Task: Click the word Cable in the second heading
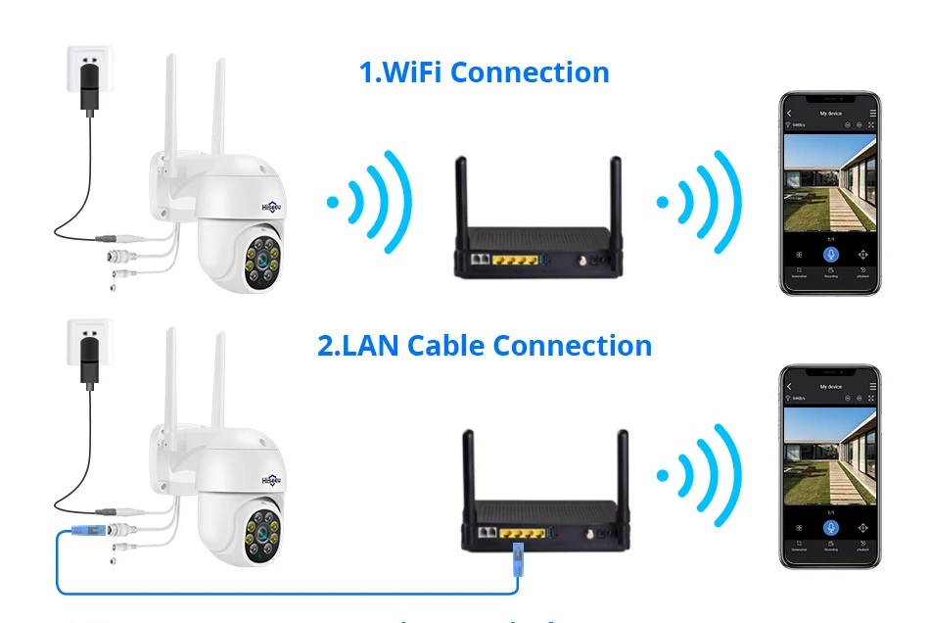[x=446, y=346]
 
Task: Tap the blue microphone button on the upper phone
[x=830, y=255]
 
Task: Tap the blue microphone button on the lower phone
[x=830, y=527]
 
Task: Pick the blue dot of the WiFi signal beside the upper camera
[x=333, y=203]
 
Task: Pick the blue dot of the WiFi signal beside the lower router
[x=663, y=476]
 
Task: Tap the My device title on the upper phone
[x=830, y=114]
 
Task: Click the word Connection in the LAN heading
[x=572, y=346]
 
